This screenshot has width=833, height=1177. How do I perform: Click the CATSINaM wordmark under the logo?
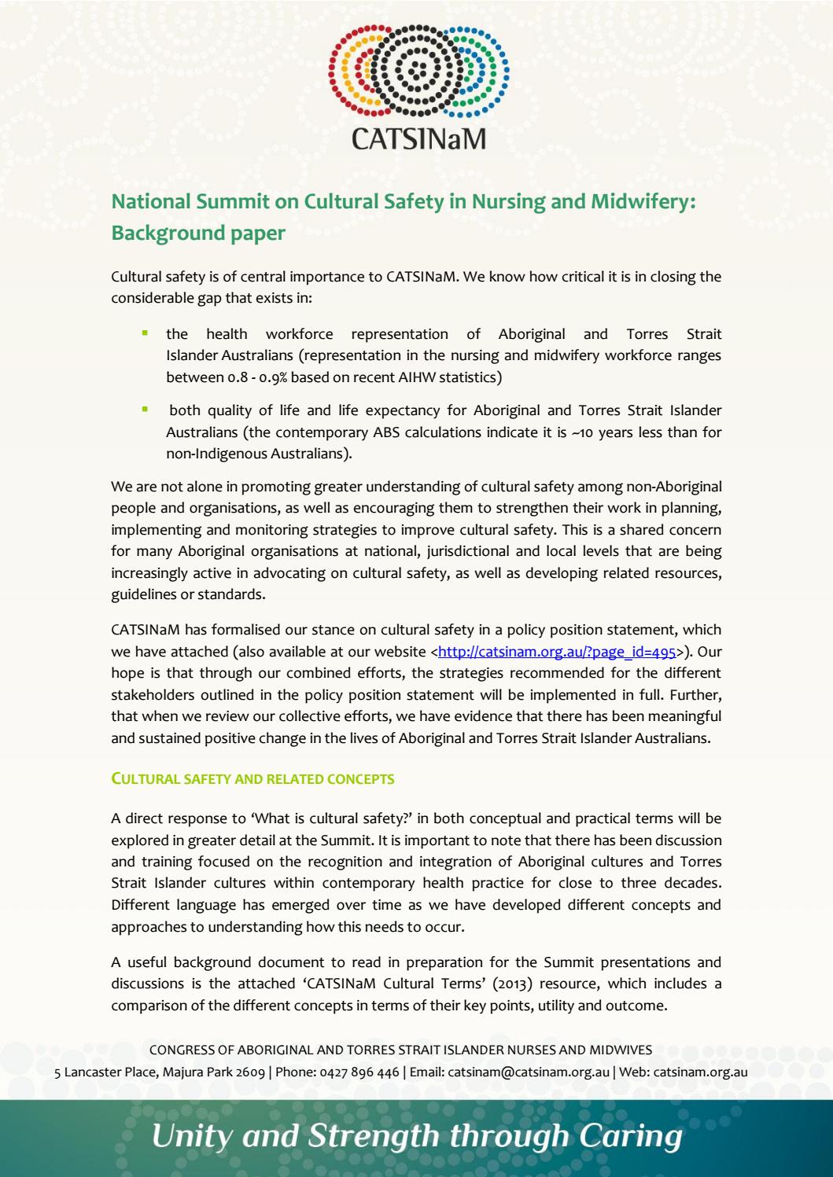pyautogui.click(x=418, y=138)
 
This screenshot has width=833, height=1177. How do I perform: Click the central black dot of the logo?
pyautogui.click(x=418, y=67)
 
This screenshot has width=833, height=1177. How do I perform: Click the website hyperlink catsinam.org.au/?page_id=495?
pyautogui.click(x=557, y=652)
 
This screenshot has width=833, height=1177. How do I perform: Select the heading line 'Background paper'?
pyautogui.click(x=198, y=234)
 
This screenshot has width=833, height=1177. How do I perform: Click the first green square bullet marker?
pyautogui.click(x=145, y=333)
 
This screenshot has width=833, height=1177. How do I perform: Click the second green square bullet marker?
pyautogui.click(x=145, y=409)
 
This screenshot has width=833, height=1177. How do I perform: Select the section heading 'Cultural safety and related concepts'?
pyautogui.click(x=252, y=779)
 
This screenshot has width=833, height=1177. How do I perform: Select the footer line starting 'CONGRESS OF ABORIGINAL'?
pyautogui.click(x=400, y=1050)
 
